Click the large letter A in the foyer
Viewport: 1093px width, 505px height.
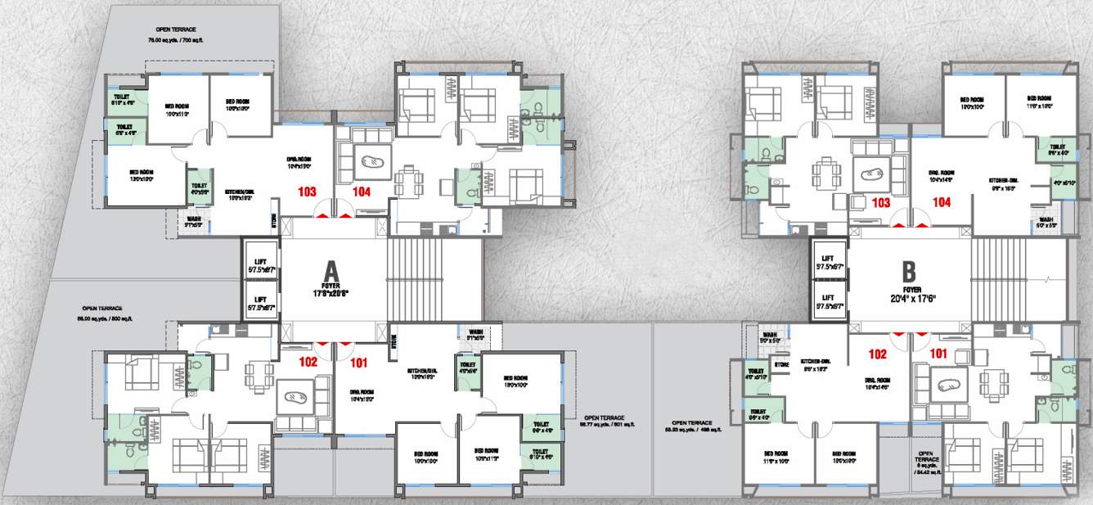click(331, 270)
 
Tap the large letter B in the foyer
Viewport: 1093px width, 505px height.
click(908, 272)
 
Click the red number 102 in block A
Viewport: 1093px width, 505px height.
click(308, 360)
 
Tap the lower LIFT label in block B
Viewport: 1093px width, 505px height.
click(828, 298)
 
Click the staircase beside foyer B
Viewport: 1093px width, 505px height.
click(997, 281)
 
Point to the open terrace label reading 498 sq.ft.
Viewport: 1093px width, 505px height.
click(690, 426)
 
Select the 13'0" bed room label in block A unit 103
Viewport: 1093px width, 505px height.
click(142, 174)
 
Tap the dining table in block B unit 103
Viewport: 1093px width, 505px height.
click(824, 173)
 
